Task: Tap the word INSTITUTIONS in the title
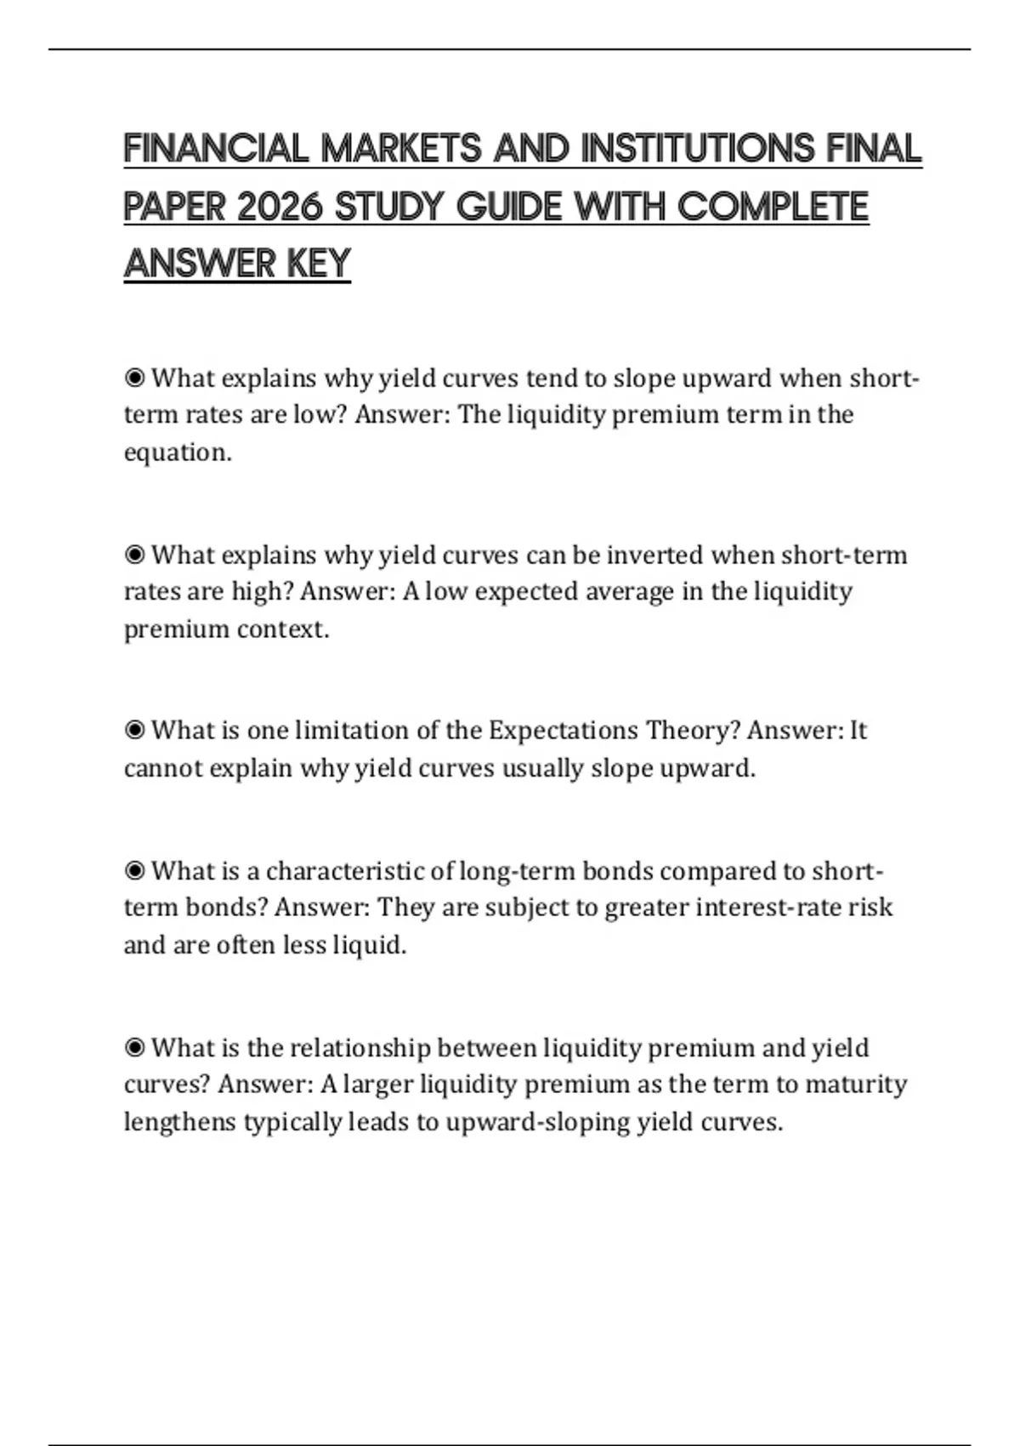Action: (698, 149)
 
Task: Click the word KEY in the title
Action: (319, 264)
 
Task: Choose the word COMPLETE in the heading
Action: (773, 207)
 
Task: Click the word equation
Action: (178, 453)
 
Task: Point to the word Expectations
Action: (563, 731)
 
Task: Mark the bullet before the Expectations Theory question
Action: (134, 731)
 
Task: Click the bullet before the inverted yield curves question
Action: (134, 555)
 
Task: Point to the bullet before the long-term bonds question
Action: (134, 871)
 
